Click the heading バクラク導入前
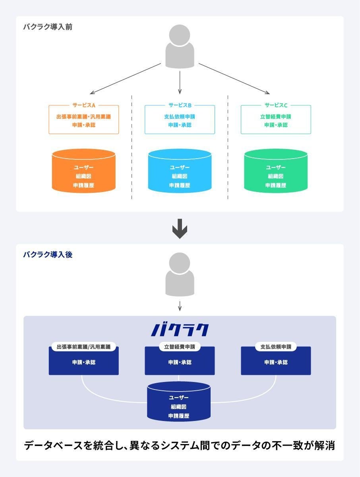coord(47,27)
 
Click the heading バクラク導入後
coord(47,255)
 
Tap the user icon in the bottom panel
coord(180,275)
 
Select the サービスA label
coord(83,105)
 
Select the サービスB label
coord(180,105)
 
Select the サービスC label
coord(276,105)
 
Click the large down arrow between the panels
coord(180,228)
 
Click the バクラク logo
coord(180,330)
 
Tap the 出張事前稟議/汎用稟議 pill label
coord(83,347)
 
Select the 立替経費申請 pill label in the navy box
coord(180,347)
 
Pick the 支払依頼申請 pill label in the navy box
coord(276,347)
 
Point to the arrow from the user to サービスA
coord(125,79)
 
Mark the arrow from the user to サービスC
coord(234,79)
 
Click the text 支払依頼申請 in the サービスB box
coord(180,117)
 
